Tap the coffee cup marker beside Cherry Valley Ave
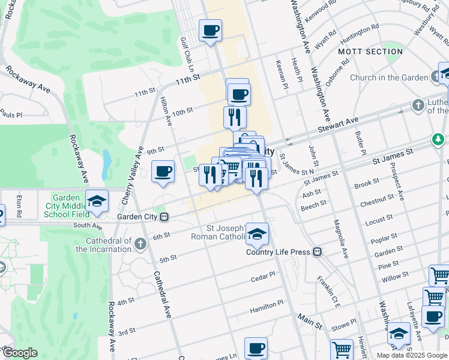click(163, 172)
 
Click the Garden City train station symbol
click(170, 217)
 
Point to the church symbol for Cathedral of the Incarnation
click(140, 244)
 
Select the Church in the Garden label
click(388, 77)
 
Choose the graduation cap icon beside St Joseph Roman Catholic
click(257, 234)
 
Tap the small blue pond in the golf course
click(106, 160)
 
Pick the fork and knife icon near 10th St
click(235, 116)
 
